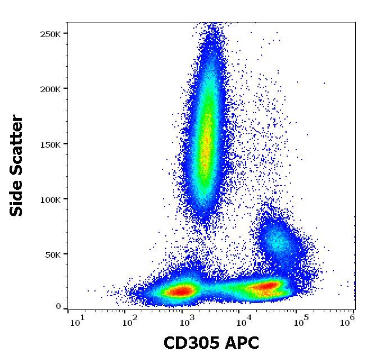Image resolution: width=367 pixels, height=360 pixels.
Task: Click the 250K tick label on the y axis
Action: [50, 34]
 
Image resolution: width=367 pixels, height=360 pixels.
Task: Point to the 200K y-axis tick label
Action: [50, 89]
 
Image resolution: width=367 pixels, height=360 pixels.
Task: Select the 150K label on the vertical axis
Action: [50, 144]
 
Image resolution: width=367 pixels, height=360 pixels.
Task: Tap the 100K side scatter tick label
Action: [50, 199]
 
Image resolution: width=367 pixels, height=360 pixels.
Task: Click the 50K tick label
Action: [52, 254]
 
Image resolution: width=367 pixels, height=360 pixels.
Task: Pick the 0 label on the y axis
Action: [58, 307]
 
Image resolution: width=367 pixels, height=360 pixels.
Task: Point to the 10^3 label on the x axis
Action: [187, 322]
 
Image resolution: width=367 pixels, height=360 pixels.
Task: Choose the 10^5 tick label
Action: [301, 322]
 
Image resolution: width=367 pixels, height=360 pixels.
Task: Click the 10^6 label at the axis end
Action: [347, 322]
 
